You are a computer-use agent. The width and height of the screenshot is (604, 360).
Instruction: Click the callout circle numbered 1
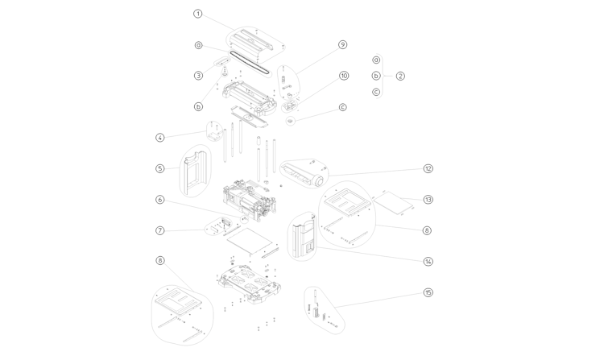[198, 14]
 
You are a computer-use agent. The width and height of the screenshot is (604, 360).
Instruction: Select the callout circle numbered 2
[400, 76]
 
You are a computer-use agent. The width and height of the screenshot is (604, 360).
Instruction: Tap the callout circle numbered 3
[198, 76]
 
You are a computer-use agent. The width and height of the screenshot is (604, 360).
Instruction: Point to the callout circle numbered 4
[160, 138]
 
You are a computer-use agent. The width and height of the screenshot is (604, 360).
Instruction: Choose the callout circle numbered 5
[160, 168]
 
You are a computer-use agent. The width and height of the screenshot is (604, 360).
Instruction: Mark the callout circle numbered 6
[160, 200]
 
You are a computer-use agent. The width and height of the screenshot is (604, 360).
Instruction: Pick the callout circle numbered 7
[160, 230]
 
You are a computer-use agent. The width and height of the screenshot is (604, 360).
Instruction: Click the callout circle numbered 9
[342, 45]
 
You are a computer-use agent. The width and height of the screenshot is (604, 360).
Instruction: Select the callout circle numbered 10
[344, 76]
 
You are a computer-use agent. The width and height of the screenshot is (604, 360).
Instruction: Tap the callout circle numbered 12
[428, 168]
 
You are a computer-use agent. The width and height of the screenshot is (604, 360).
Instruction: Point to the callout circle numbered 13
[428, 200]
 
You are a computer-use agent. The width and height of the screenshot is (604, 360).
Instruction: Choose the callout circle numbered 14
[428, 261]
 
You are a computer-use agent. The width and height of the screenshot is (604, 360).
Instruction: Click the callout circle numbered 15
[428, 292]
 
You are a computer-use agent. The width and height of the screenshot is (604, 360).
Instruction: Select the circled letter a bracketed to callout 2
[376, 60]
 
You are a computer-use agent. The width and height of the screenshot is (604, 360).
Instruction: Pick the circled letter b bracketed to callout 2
[376, 76]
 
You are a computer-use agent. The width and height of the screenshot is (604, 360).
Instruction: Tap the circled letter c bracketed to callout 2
[376, 92]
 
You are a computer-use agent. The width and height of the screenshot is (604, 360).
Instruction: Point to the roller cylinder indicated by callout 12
[302, 172]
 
